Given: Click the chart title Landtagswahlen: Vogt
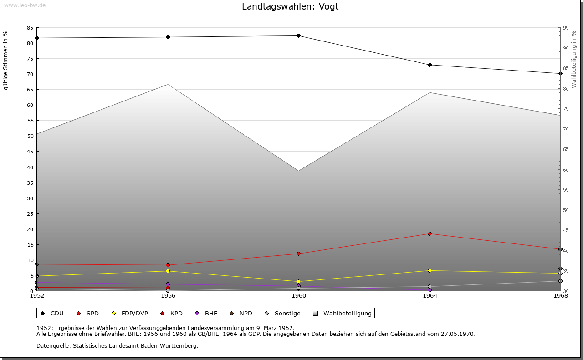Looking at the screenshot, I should [290, 6].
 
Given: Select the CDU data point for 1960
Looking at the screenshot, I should [298, 35].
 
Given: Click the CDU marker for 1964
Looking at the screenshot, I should [430, 65].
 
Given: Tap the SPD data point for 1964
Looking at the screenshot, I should [430, 233].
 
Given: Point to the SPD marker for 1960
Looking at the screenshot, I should [298, 254].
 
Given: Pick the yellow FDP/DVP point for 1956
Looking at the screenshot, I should [168, 271].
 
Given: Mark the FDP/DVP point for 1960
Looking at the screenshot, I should [298, 281].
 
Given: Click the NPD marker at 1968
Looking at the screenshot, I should [560, 268].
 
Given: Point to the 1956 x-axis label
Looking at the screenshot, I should [168, 296].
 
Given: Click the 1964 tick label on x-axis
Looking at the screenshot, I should [430, 296].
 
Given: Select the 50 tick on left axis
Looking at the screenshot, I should [30, 136].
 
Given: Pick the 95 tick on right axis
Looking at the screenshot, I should [566, 28].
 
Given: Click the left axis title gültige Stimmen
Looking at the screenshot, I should [6, 60].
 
